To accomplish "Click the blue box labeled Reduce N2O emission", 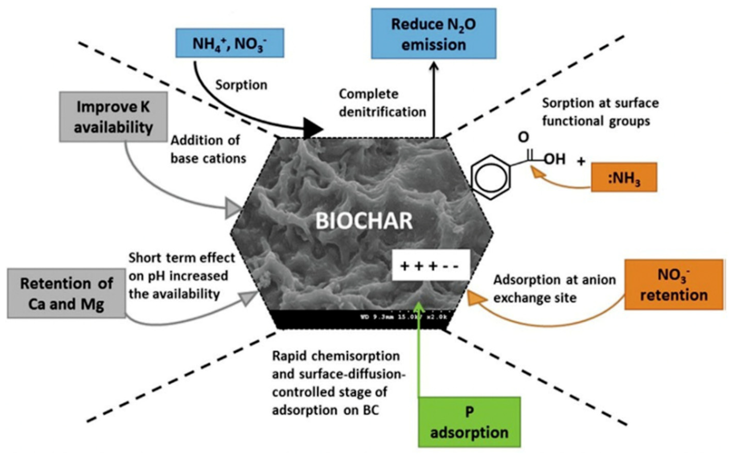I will pos(433,34).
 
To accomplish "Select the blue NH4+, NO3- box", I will pos(230,43).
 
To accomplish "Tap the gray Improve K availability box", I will pos(113,117).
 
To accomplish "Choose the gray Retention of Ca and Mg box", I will pos(67,293).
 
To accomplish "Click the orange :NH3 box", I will pos(624,178).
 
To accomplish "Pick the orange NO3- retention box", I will pos(674,285).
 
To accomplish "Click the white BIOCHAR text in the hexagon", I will pos(364,221).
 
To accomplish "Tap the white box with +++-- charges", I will pos(431,265).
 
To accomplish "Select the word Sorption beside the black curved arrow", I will pos(241,85).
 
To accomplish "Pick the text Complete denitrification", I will pos(382,103).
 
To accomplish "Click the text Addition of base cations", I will pos(208,149).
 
